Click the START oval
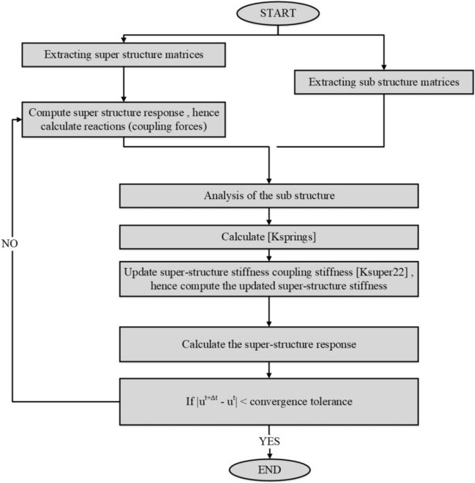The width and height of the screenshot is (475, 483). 277,13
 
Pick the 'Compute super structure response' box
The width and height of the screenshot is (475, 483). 123,119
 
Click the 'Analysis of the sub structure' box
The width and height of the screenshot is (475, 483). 269,196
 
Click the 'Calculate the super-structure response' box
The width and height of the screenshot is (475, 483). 269,344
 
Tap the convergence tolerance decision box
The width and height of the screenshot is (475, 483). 269,400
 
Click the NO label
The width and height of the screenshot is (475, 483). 10,245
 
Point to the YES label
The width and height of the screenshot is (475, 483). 269,439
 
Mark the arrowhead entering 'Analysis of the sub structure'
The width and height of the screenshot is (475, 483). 269,181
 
